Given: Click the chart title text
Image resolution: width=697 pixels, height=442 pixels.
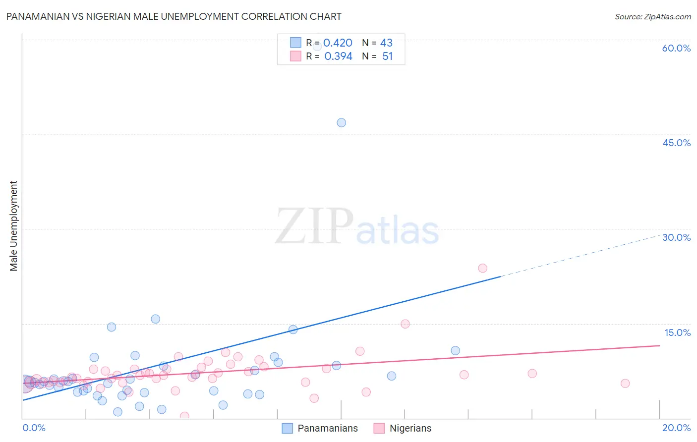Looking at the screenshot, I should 174,16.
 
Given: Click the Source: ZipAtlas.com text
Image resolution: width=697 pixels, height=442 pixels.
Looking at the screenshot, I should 652,16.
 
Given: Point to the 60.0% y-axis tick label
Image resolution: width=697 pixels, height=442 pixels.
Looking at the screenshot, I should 676,48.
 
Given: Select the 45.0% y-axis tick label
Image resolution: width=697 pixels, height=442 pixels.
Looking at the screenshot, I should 676,143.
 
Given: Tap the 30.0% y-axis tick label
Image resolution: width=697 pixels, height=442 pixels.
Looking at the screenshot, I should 676,237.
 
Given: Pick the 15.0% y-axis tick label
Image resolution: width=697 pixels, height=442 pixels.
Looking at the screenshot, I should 677,332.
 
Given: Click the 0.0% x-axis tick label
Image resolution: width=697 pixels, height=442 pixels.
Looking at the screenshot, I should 34,428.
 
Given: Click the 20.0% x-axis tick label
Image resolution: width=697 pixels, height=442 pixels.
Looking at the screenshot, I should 676,428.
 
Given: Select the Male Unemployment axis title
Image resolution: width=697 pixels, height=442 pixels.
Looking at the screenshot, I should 13,226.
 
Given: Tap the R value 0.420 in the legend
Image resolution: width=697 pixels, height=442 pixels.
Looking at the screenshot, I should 338,43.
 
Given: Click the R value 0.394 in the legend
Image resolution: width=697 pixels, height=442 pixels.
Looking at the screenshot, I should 338,56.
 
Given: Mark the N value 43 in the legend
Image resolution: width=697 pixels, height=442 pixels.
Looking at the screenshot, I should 386,43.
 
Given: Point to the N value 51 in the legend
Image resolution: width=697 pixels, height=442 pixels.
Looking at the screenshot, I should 387,56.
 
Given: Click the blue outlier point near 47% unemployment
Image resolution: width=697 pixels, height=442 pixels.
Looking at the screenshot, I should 341,122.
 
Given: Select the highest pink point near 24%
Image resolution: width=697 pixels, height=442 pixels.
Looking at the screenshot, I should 482,268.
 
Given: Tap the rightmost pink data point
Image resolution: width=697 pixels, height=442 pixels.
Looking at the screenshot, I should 625,383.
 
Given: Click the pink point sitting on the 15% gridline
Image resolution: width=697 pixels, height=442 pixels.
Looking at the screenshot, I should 405,324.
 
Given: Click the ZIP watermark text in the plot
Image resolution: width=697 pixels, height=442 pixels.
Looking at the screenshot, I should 314,226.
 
